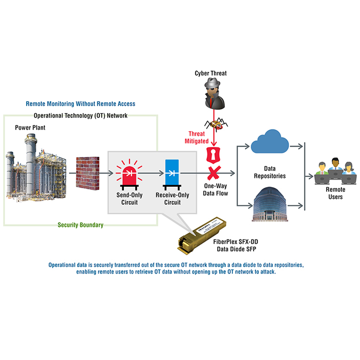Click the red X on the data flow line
click(213, 173)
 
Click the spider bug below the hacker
click(215, 124)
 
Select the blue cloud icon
click(269, 141)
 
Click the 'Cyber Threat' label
click(211, 73)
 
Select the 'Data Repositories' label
click(270, 172)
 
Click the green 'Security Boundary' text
click(81, 225)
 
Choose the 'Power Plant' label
click(30, 127)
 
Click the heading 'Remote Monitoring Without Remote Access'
click(81, 104)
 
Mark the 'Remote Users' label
click(335, 193)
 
